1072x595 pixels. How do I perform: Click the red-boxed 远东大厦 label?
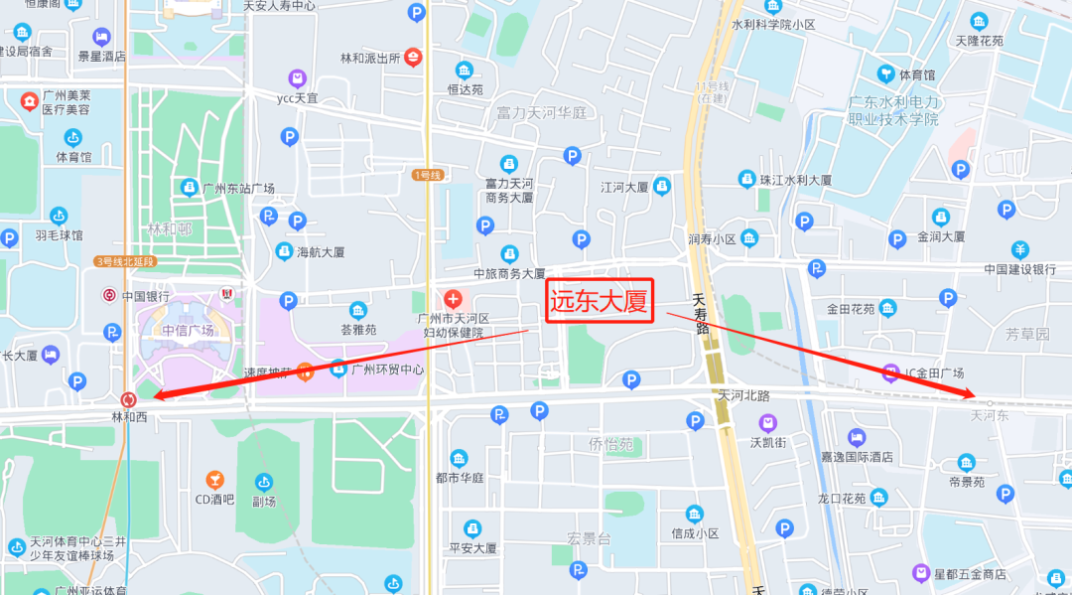600,301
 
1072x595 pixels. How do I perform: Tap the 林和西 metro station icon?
128,399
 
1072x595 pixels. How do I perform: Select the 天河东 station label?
989,415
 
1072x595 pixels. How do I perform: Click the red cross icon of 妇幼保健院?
454,298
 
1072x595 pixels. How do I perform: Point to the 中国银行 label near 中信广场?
146,296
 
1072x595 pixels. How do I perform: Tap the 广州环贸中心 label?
387,370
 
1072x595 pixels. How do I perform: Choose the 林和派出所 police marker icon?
414,58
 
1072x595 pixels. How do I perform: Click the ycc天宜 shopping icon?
297,77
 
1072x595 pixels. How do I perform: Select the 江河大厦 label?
624,187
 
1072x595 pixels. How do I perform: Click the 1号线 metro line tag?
426,175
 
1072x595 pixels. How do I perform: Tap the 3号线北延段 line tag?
126,261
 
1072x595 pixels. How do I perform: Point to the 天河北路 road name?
745,395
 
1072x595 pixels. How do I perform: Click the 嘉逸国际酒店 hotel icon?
856,437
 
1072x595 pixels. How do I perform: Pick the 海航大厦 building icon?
285,251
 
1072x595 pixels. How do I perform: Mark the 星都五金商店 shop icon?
922,573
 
